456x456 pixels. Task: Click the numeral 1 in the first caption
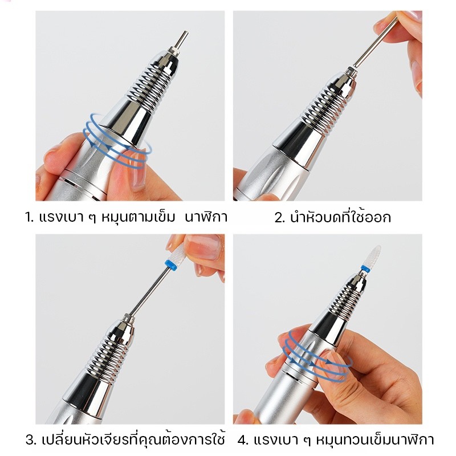[28, 218]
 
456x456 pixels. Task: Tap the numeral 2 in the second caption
[279, 218]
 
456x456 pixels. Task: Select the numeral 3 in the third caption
[30, 440]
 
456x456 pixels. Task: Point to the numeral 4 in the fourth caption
[241, 440]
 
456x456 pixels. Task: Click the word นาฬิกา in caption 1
[206, 217]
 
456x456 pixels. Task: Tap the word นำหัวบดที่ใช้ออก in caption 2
[340, 217]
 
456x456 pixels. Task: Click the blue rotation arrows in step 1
[117, 141]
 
